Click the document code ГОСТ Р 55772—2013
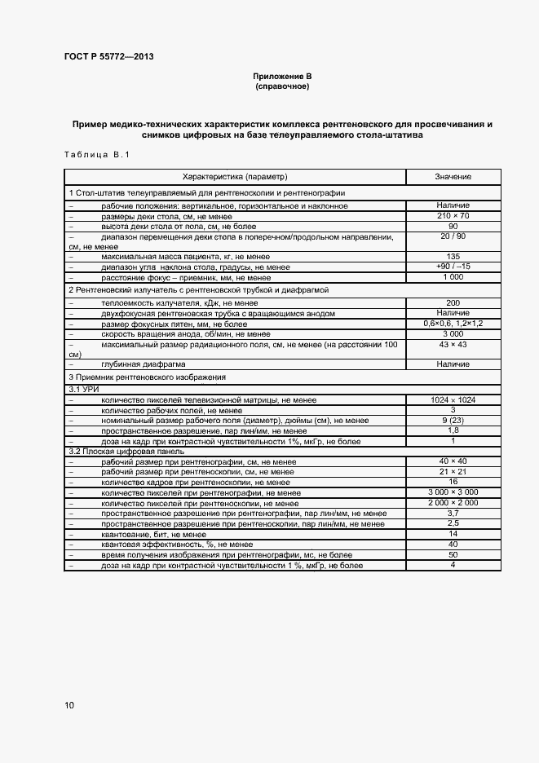pyautogui.click(x=108, y=56)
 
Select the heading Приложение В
pyautogui.click(x=282, y=76)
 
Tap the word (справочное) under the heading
pyautogui.click(x=282, y=86)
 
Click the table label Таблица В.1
pyautogui.click(x=96, y=155)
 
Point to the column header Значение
pyautogui.click(x=453, y=177)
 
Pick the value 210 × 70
pyautogui.click(x=453, y=216)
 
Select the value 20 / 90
pyautogui.click(x=453, y=236)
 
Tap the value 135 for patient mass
pyautogui.click(x=453, y=257)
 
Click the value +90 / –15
pyautogui.click(x=453, y=267)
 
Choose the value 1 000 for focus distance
pyautogui.click(x=453, y=277)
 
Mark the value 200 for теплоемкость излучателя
pyautogui.click(x=453, y=302)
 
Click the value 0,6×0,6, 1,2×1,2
pyautogui.click(x=453, y=324)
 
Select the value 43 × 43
pyautogui.click(x=453, y=345)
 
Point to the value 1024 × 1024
pyautogui.click(x=453, y=399)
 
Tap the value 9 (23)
pyautogui.click(x=453, y=420)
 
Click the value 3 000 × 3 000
pyautogui.click(x=453, y=492)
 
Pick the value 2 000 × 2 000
pyautogui.click(x=453, y=503)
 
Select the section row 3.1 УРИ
pyautogui.click(x=83, y=390)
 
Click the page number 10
pyautogui.click(x=69, y=705)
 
